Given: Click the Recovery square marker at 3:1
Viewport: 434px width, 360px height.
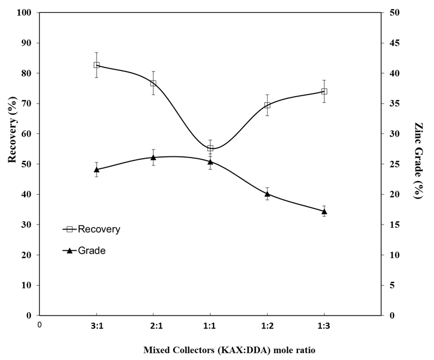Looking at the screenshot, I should [x=97, y=65].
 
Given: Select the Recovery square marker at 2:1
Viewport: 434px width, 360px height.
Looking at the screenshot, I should [x=153, y=83].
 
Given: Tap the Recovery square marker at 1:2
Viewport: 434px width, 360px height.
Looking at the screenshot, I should [x=267, y=105].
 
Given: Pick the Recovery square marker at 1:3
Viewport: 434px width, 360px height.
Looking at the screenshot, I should [x=324, y=91].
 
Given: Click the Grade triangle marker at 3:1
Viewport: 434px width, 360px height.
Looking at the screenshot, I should [x=97, y=169].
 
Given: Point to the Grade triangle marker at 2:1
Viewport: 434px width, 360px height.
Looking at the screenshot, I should [x=153, y=157].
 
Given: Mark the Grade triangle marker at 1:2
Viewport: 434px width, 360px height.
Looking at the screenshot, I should [x=267, y=194].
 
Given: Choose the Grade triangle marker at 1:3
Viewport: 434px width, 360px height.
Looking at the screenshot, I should [x=324, y=211].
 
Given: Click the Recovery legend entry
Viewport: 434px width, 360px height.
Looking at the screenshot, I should [x=99, y=229].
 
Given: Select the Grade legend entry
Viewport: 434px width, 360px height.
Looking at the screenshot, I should [x=92, y=251].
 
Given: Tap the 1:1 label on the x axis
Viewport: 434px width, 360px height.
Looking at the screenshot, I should [x=210, y=325].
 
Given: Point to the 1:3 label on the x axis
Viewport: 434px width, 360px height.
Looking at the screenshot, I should [x=324, y=325].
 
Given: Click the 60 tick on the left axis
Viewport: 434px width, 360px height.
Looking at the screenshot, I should [x=29, y=134].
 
